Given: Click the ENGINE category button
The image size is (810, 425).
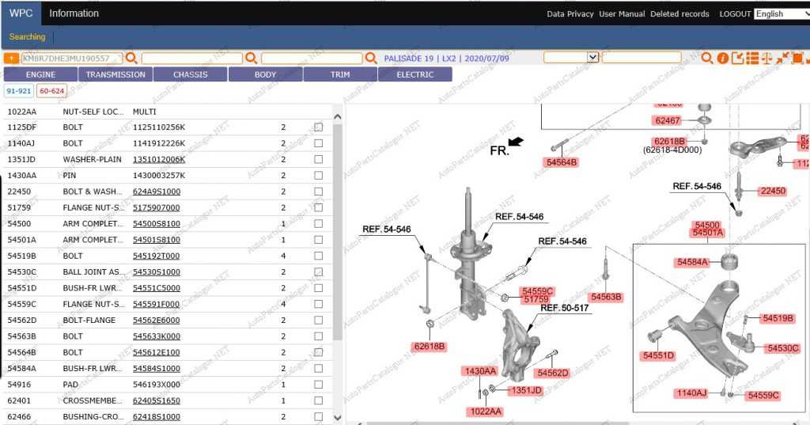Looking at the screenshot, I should click(x=40, y=74).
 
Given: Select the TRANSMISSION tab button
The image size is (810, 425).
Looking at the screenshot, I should click(x=115, y=74).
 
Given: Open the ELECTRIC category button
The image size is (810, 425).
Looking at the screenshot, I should click(x=414, y=74).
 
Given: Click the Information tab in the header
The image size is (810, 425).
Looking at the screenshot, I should click(x=74, y=13).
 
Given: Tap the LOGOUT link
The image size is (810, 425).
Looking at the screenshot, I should click(x=735, y=14).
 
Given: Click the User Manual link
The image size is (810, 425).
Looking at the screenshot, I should click(x=622, y=14).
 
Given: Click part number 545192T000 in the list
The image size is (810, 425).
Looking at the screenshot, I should click(x=156, y=256).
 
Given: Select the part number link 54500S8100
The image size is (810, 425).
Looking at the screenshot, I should click(x=156, y=223).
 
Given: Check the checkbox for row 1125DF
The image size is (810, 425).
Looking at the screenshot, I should click(x=318, y=127).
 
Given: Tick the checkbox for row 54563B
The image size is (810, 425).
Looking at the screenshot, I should click(x=318, y=336).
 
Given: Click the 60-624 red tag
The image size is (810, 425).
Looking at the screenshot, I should click(x=51, y=91).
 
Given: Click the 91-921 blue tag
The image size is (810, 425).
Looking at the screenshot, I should click(x=19, y=91).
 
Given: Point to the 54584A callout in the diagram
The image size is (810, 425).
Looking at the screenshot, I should click(x=697, y=262).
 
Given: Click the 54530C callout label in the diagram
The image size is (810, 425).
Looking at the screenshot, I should click(x=782, y=348).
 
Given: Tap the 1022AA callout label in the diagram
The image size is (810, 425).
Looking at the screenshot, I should click(x=483, y=411).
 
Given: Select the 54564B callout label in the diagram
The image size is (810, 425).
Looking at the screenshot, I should click(x=562, y=162).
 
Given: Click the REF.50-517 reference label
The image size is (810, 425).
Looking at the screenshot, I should click(x=564, y=307).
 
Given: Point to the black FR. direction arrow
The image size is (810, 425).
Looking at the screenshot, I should click(x=516, y=142).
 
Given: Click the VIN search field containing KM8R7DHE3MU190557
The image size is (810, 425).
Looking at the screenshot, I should click(x=71, y=58).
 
